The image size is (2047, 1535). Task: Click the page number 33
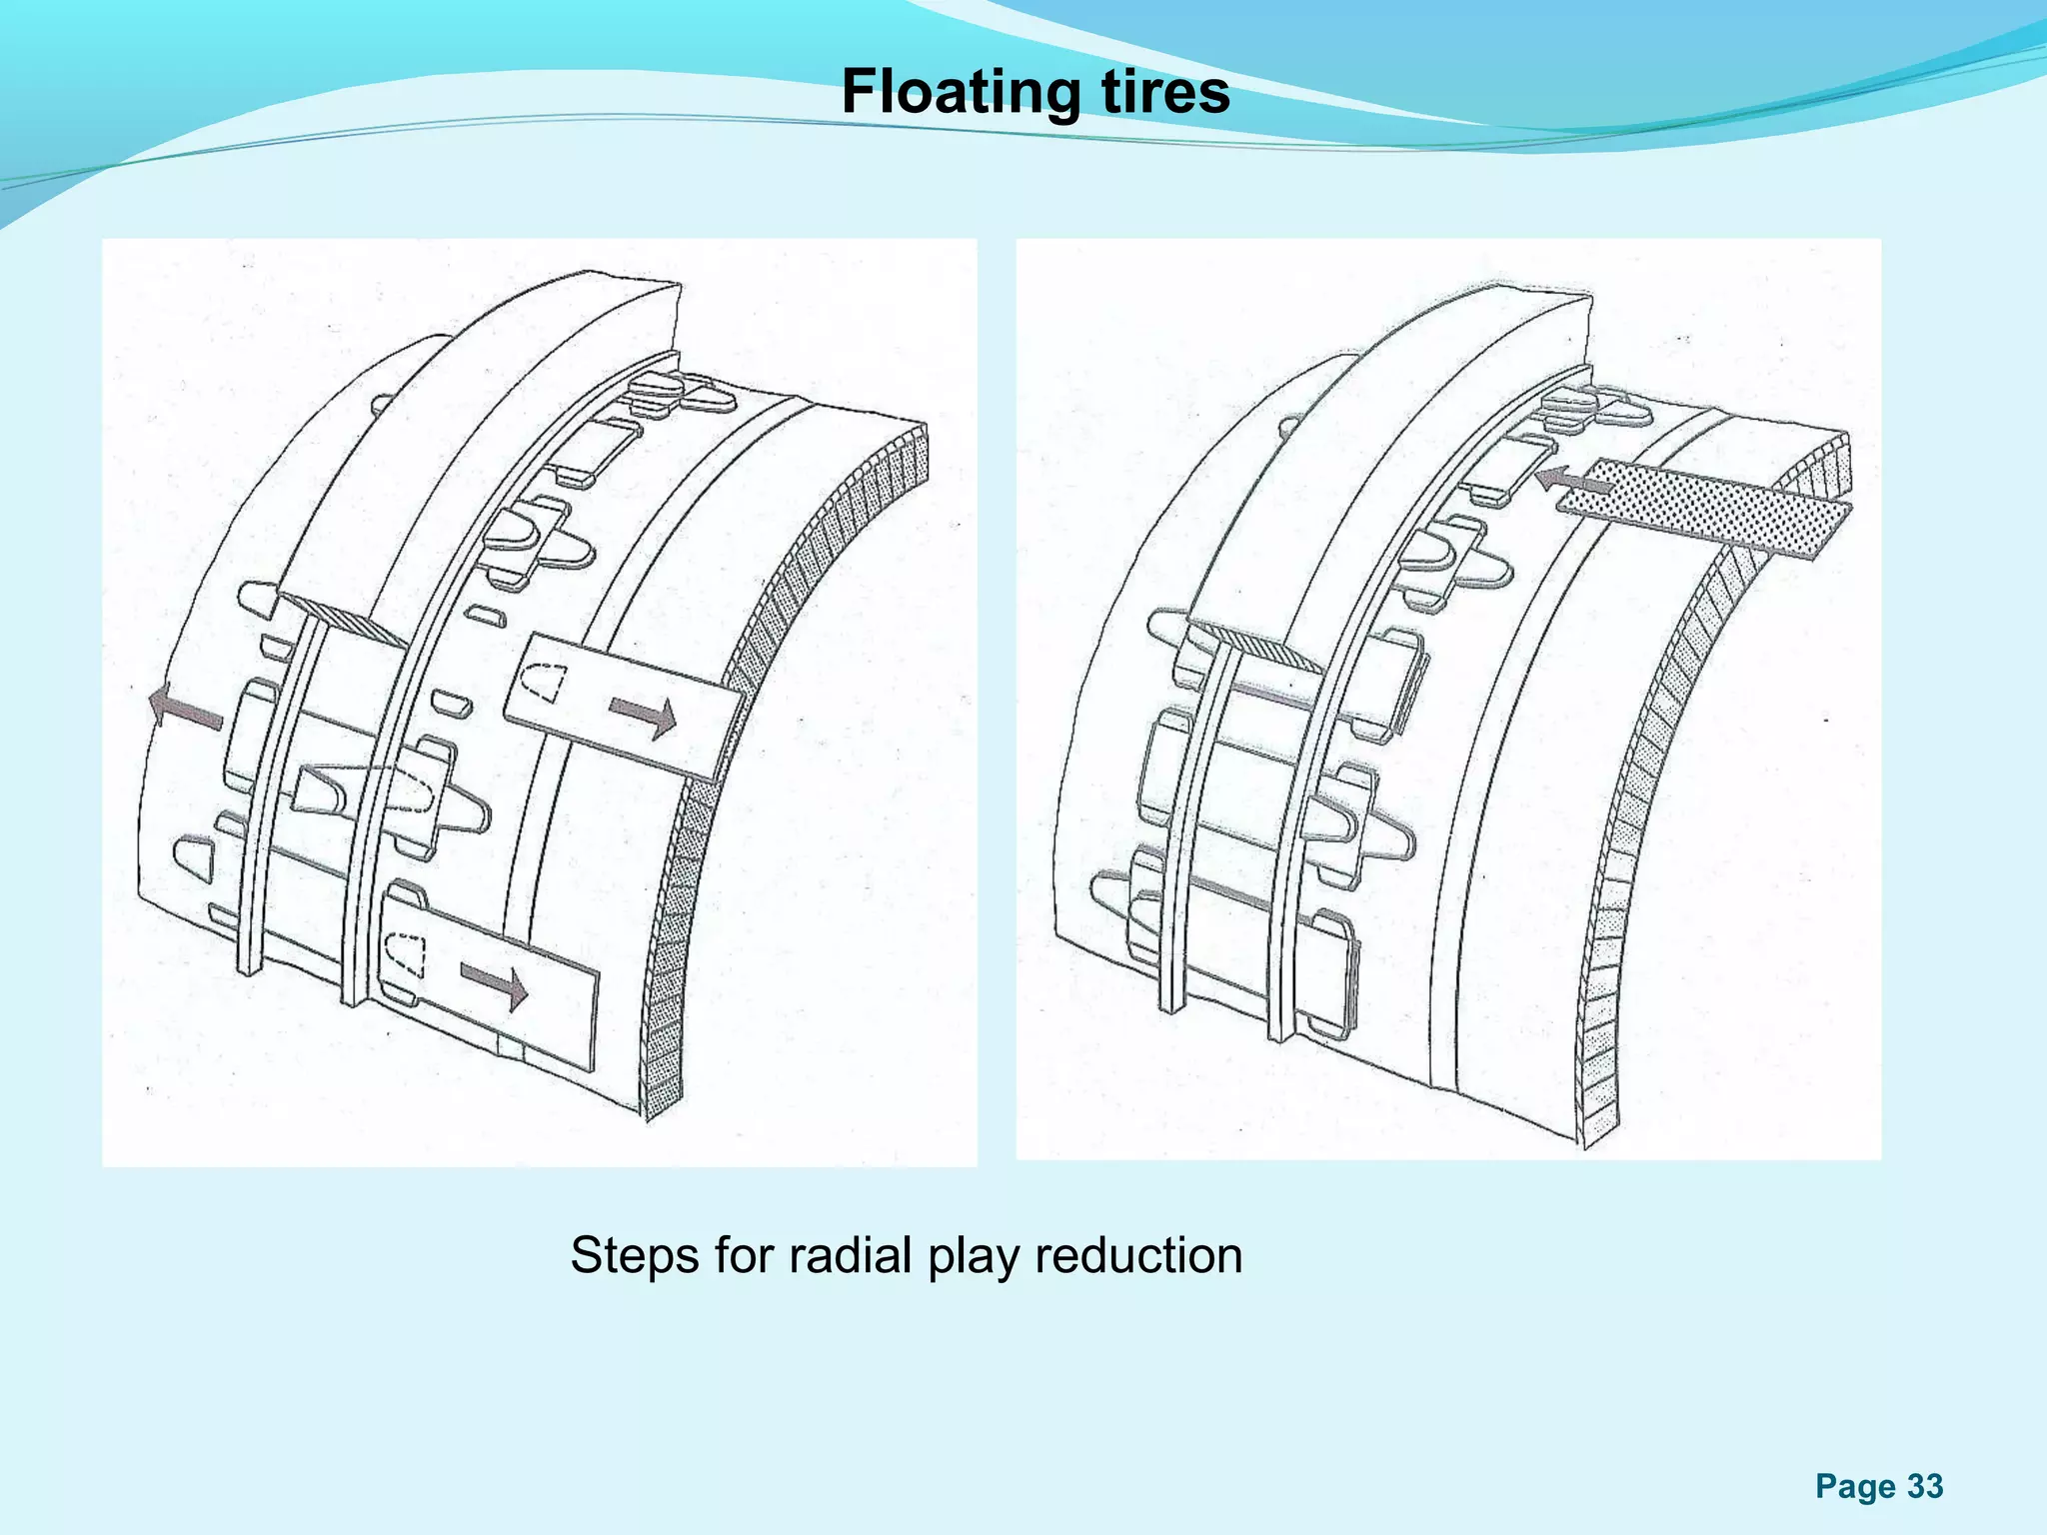(x=1925, y=1486)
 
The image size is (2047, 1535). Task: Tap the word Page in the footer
(x=1855, y=1488)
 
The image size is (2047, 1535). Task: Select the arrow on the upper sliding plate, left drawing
(x=644, y=715)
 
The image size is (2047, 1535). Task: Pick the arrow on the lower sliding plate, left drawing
(x=494, y=985)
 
